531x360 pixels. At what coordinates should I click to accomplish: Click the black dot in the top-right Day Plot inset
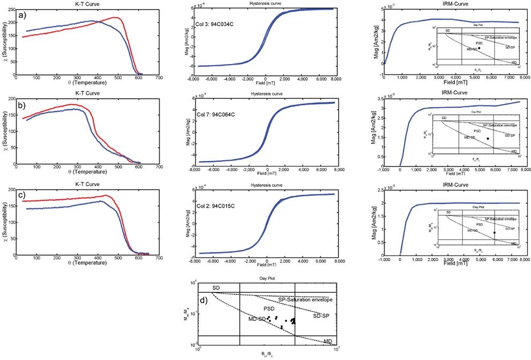(x=478, y=48)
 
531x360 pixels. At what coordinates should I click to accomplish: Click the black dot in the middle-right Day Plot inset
(x=488, y=139)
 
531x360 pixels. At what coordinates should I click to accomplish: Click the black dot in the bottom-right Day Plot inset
(x=494, y=232)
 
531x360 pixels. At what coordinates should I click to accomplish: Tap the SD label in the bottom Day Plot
(x=215, y=288)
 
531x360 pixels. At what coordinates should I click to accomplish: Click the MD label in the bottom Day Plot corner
(x=328, y=341)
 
